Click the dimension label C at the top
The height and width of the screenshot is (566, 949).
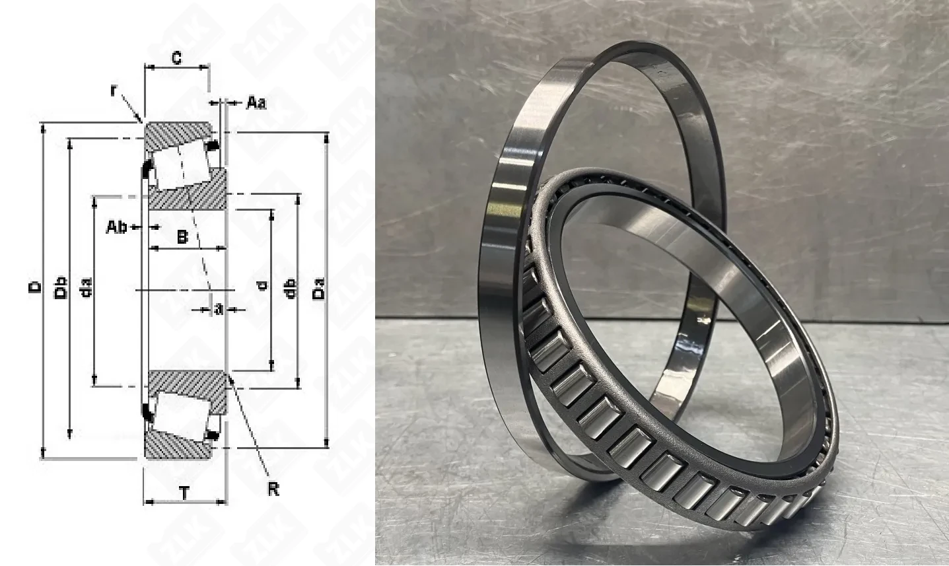pos(177,57)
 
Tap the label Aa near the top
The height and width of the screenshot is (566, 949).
pos(256,102)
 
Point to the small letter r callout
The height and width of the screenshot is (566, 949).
pos(113,90)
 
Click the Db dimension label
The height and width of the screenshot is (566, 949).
pos(62,287)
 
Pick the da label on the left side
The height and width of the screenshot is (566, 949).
pos(86,287)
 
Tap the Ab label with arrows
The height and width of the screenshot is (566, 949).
pos(116,227)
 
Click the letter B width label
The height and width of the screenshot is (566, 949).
pos(182,237)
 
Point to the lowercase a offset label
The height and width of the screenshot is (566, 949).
pos(218,309)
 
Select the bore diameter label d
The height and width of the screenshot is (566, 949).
pos(263,285)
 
